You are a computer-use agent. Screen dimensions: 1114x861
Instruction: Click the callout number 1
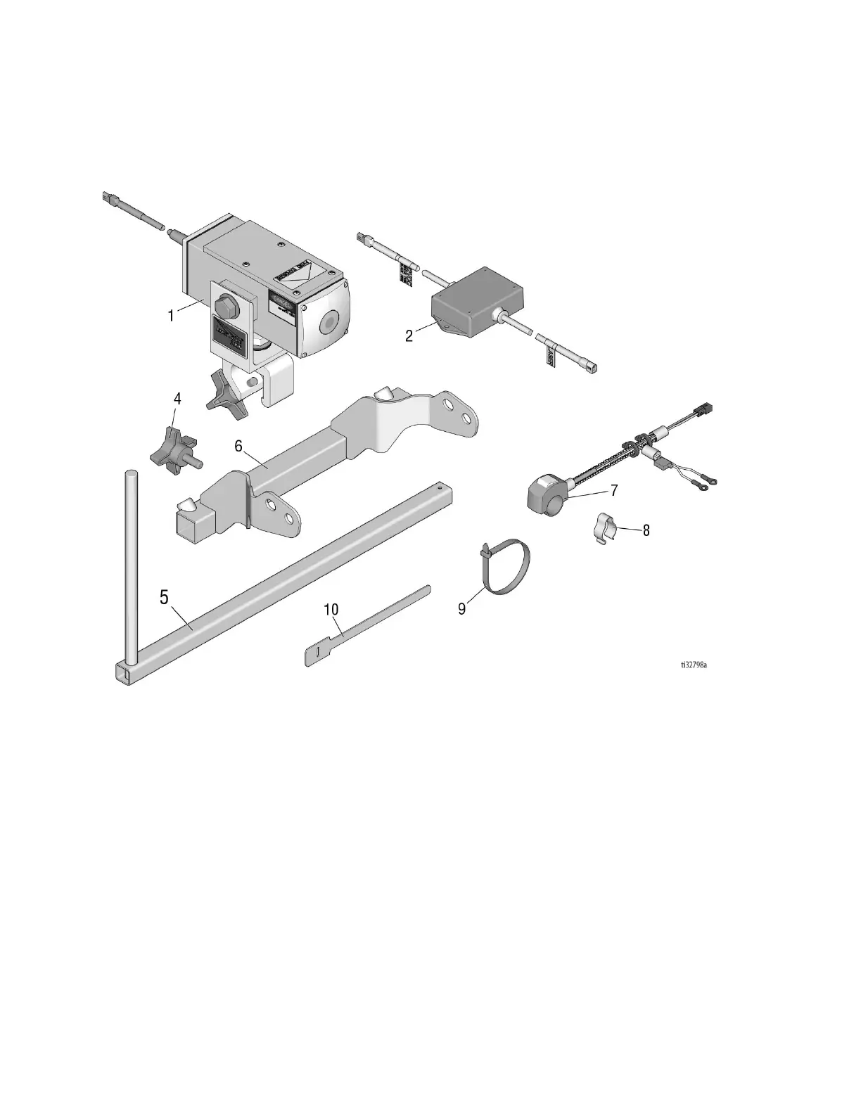point(170,316)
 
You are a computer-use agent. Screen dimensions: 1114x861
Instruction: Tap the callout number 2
point(409,335)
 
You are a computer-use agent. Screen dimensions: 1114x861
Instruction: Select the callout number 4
point(177,399)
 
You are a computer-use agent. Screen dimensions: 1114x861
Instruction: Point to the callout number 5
point(164,598)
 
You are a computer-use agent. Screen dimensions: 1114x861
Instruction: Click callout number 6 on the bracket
point(238,446)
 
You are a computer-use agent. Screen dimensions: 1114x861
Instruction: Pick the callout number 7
point(614,489)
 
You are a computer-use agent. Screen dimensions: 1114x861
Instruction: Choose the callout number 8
point(646,530)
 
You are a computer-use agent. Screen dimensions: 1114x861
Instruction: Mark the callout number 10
point(331,610)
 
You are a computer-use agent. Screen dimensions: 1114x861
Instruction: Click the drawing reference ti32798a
point(693,663)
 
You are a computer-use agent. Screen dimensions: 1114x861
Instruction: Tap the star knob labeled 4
point(173,449)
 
